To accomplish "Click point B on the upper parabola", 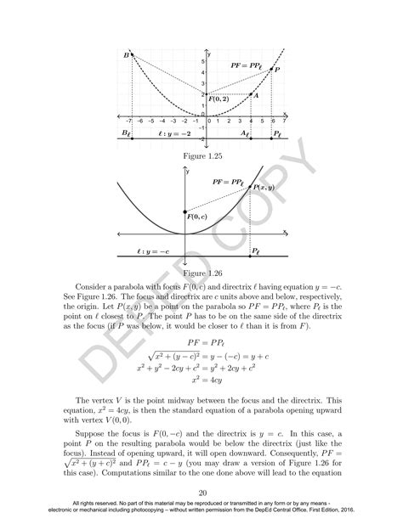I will tap(133, 56).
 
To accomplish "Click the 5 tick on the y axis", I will tap(202, 61).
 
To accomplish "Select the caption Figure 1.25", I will tap(202, 157).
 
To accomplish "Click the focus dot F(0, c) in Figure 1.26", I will tap(184, 211).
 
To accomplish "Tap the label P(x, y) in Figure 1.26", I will tap(264, 187).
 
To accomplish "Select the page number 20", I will tap(202, 493).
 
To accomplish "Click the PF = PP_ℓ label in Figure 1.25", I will tap(247, 65).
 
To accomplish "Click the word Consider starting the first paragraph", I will tap(94, 287).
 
